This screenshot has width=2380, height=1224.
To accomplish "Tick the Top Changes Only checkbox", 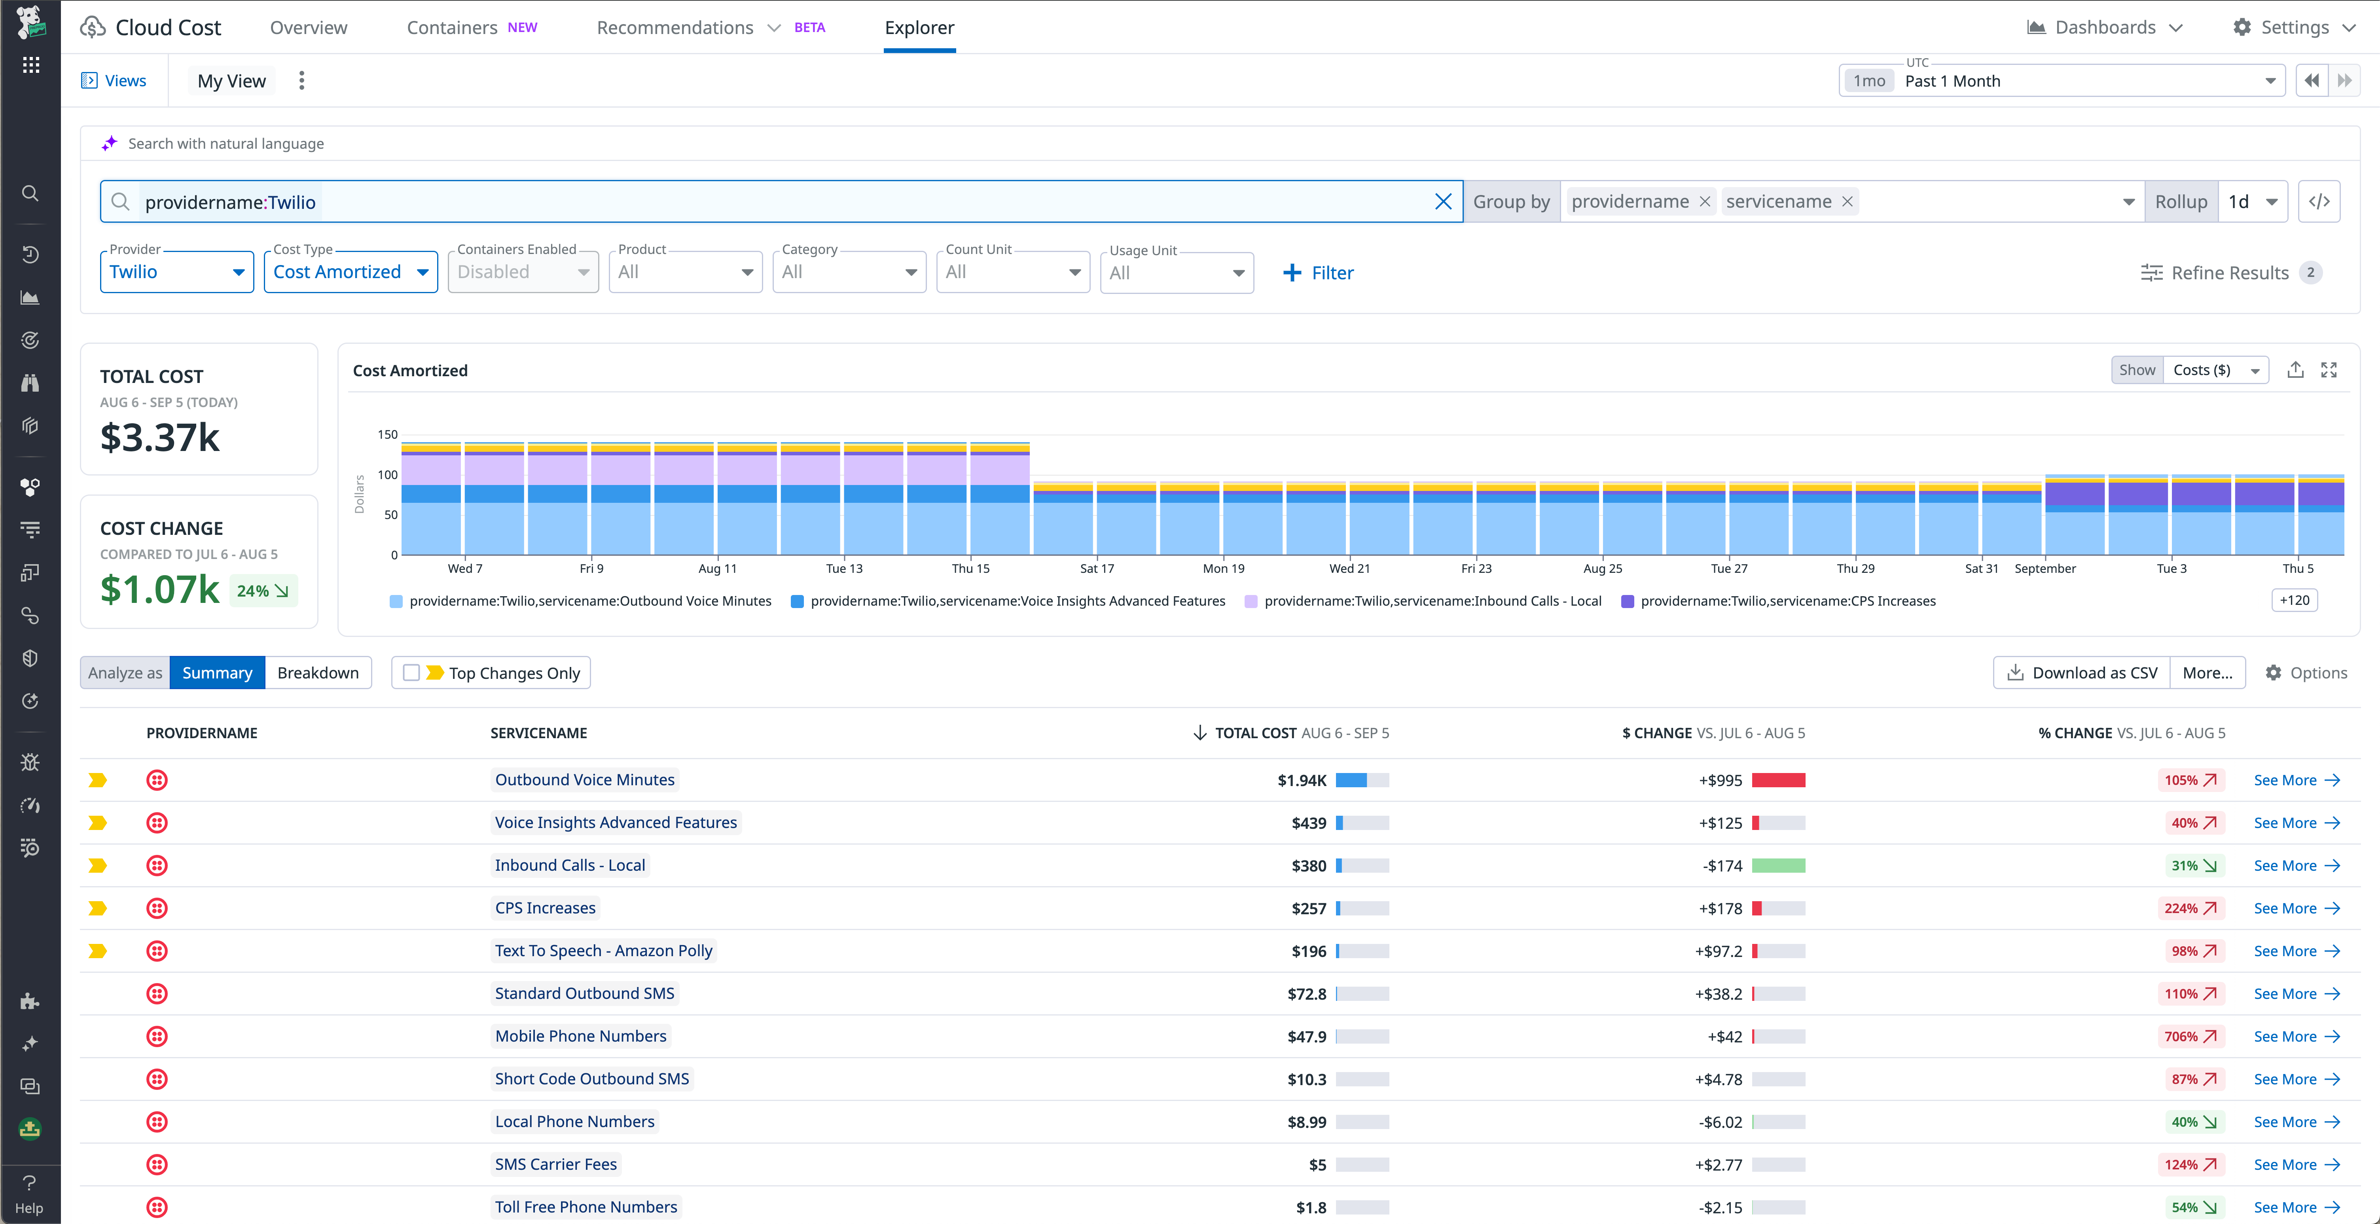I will click(x=411, y=673).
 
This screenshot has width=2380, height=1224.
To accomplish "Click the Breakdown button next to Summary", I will click(x=318, y=673).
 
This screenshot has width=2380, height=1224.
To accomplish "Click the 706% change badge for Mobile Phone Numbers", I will click(x=2190, y=1036).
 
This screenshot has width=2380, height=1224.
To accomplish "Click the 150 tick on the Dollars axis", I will click(x=387, y=434).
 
